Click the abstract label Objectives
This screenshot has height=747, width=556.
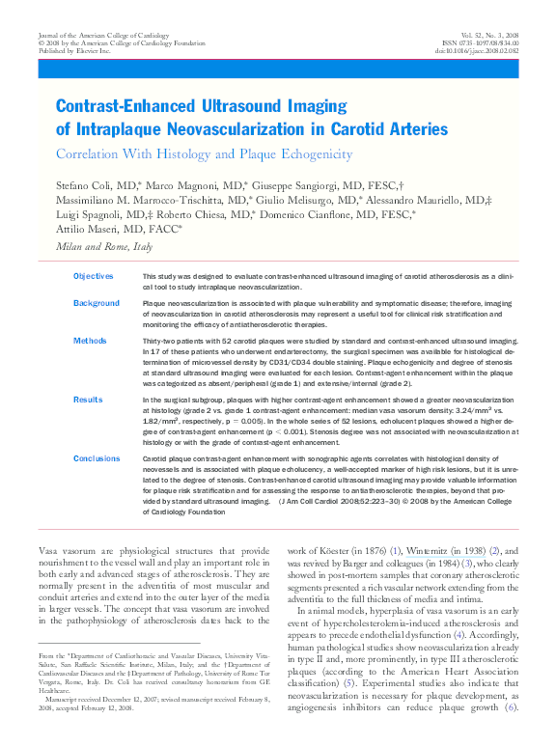[94, 276]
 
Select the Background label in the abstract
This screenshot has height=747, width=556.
[97, 303]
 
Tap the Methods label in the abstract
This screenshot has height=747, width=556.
[90, 341]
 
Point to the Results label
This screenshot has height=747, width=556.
[88, 398]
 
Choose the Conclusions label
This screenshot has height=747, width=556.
[97, 458]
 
